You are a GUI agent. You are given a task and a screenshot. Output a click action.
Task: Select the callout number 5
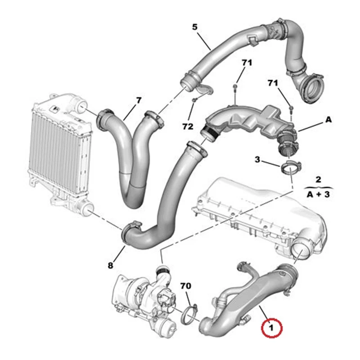(x=195, y=27)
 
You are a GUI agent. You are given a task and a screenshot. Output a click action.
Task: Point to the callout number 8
(x=111, y=265)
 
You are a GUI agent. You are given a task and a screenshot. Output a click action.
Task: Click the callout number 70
(x=186, y=286)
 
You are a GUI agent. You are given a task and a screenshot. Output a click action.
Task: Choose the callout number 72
(x=188, y=128)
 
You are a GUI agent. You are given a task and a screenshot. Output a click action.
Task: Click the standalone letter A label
(x=328, y=120)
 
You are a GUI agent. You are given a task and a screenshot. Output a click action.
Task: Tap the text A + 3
(x=318, y=194)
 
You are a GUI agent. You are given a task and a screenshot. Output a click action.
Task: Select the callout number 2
(x=318, y=180)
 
